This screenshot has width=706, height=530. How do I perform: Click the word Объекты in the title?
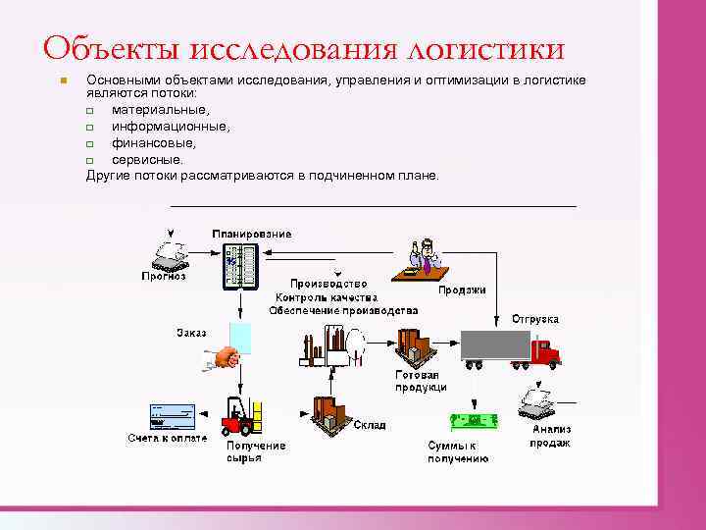point(110,48)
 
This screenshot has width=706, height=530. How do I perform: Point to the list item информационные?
point(172,127)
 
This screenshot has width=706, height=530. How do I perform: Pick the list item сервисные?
point(147,158)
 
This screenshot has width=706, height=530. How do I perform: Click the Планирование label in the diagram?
point(251,234)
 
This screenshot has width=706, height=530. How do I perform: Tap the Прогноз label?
point(163,276)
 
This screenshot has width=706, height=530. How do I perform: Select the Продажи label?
point(462,290)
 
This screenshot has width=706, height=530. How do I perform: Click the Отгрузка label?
point(535,319)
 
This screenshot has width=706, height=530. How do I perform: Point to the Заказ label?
point(191,332)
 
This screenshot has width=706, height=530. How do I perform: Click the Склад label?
point(370,425)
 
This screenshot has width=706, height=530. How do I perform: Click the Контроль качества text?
point(326,296)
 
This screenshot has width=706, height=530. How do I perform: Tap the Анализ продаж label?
point(550,436)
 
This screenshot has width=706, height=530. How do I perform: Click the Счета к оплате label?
point(167,438)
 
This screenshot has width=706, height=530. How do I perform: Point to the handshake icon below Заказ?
point(225,359)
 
